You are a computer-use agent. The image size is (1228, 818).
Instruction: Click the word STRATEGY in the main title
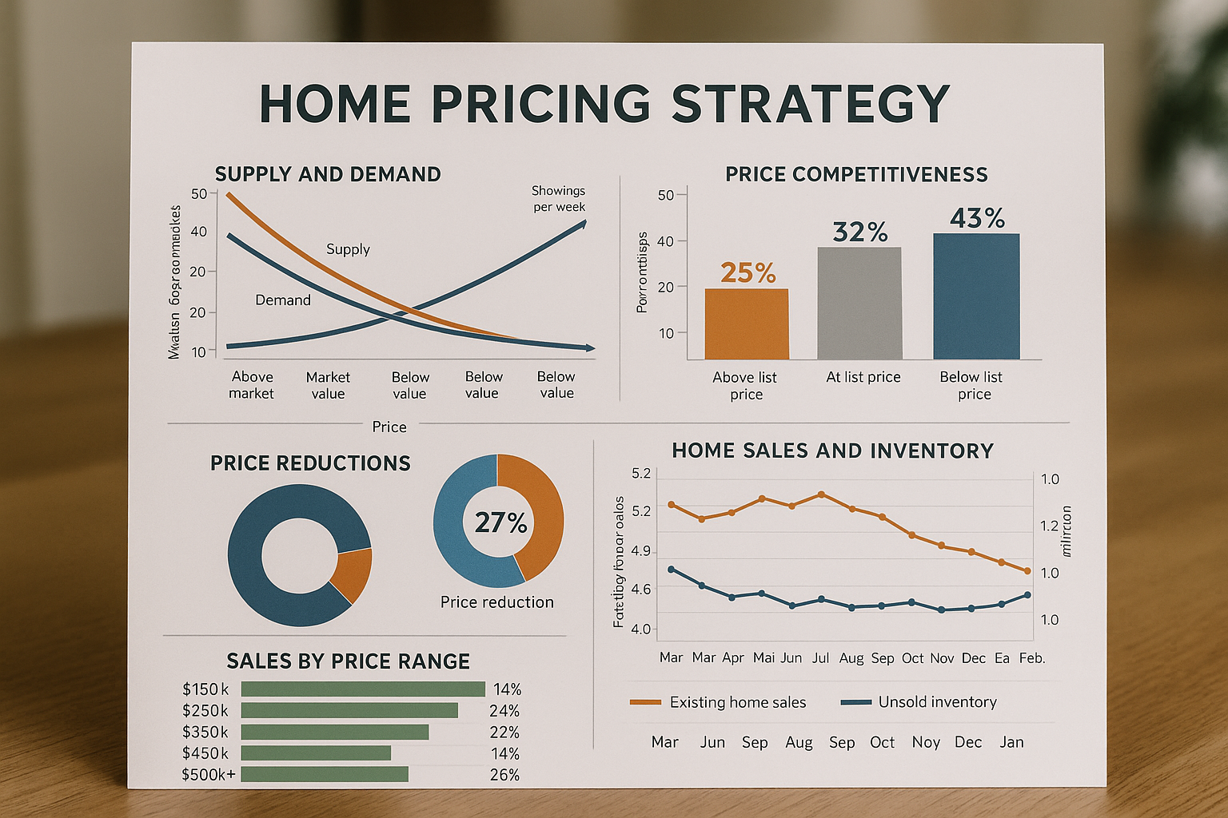click(x=810, y=104)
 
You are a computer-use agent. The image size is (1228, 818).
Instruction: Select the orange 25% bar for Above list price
click(x=747, y=324)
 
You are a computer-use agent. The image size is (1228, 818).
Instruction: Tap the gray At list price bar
click(x=859, y=304)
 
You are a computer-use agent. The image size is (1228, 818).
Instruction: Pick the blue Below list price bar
click(x=976, y=296)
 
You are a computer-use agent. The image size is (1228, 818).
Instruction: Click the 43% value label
click(x=977, y=218)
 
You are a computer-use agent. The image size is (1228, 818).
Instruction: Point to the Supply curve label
click(x=348, y=249)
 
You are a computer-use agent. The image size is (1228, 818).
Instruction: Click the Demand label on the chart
click(x=283, y=300)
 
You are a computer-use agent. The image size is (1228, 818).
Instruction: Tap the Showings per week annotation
click(x=559, y=199)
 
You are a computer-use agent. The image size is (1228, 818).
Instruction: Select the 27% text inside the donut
click(x=500, y=522)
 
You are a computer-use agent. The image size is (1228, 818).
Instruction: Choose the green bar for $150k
click(x=363, y=689)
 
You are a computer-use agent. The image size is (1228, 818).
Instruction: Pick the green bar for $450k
click(x=316, y=753)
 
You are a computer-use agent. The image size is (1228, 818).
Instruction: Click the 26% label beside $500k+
click(x=504, y=775)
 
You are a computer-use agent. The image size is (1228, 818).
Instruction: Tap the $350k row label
click(x=205, y=733)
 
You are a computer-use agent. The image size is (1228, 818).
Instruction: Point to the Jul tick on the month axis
click(x=821, y=658)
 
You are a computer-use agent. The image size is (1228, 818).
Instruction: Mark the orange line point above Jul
click(x=821, y=494)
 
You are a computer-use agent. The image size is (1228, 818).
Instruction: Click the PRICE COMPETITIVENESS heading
click(x=856, y=174)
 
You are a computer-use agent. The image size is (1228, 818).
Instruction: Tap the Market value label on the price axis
click(x=328, y=385)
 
